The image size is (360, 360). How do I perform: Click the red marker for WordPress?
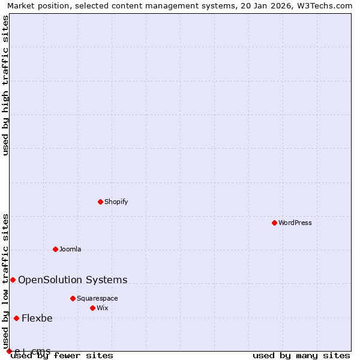point(274,223)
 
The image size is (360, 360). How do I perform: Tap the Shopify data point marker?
point(100,202)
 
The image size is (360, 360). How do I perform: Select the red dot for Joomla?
point(55,249)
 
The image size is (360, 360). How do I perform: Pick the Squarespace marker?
point(73,298)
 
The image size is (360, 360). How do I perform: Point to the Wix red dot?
point(92,308)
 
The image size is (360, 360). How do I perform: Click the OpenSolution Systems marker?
point(13,280)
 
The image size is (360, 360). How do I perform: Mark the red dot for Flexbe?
point(16,318)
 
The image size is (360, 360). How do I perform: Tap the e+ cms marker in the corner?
point(9,351)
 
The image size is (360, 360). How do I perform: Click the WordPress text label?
point(295,223)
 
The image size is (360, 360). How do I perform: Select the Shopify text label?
point(116,202)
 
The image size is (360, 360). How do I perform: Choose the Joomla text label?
point(70,249)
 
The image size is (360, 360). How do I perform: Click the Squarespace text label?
point(97,298)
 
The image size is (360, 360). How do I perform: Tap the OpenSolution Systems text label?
point(73,280)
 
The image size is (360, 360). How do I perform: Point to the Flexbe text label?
point(37,318)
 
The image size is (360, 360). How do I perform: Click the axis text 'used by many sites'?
point(301,356)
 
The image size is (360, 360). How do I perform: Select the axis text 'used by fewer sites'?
point(62,356)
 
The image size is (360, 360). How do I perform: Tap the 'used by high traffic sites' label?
point(5,85)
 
